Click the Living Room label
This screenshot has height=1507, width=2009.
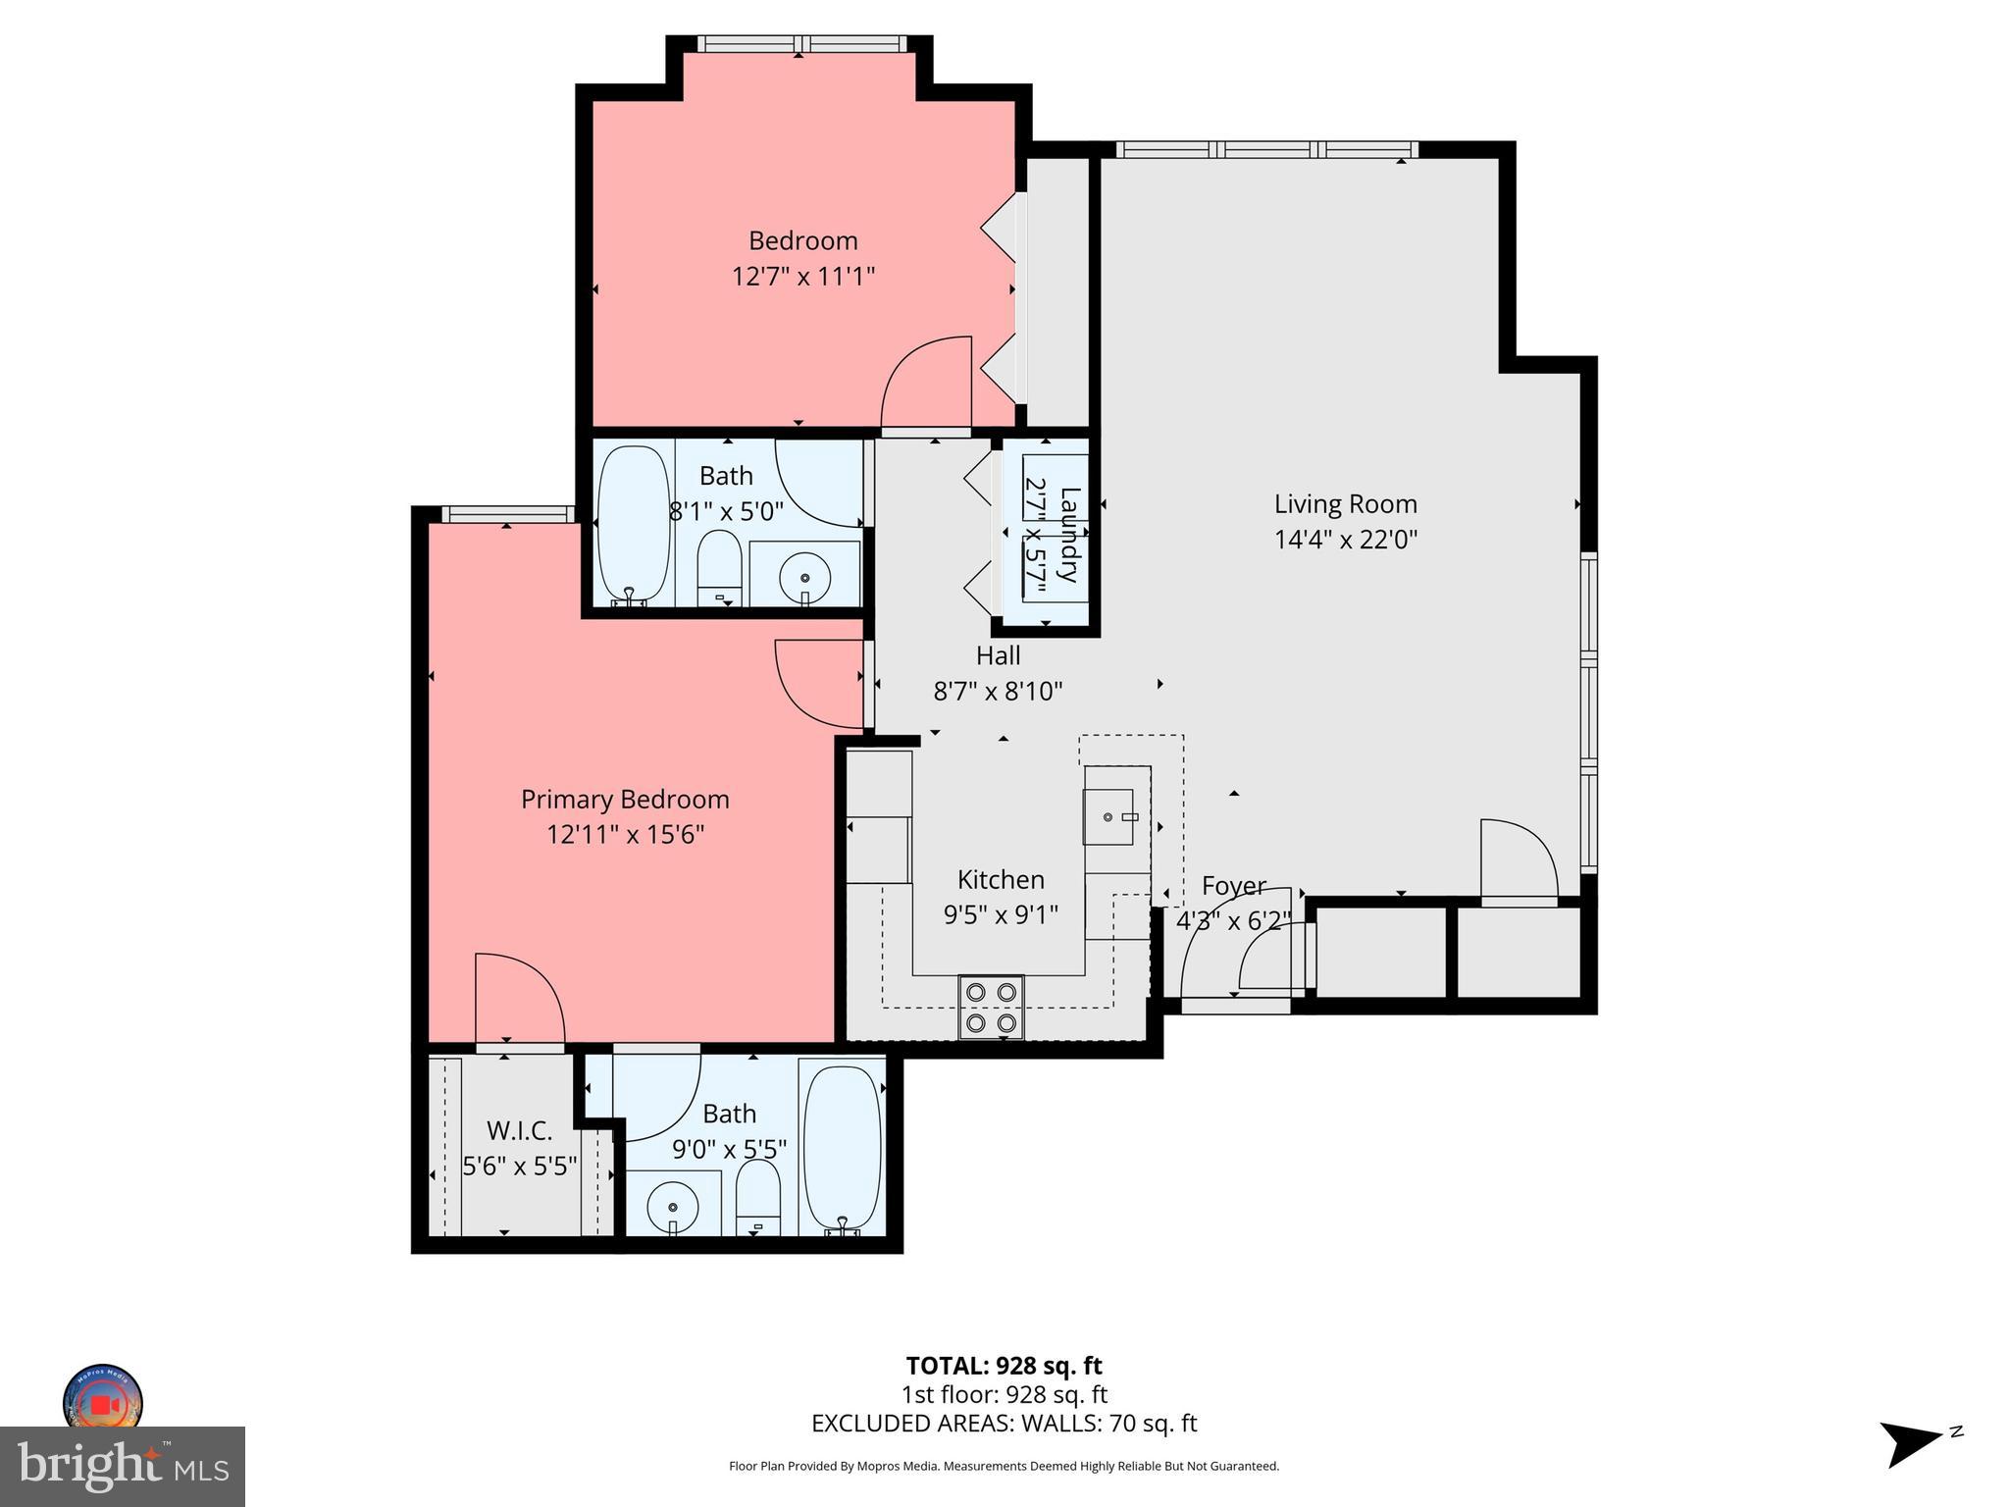(x=1345, y=504)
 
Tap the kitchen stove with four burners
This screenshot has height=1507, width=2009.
(x=991, y=1007)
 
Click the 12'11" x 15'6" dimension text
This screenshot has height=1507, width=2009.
(x=625, y=835)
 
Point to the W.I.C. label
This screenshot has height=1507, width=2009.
(x=519, y=1131)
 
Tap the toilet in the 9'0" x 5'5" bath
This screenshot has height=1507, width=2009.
(x=757, y=1199)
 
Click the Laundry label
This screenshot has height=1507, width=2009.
(x=1069, y=535)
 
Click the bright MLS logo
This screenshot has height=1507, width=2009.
(x=123, y=1466)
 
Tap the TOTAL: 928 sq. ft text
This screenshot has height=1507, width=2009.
(x=1004, y=1366)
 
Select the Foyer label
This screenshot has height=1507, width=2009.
(x=1234, y=886)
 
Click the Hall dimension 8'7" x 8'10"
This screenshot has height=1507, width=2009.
(x=998, y=693)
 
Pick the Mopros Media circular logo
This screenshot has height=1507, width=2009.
(x=103, y=1401)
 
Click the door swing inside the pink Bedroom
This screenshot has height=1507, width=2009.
(x=926, y=383)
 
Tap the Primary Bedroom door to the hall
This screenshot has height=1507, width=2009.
(x=819, y=684)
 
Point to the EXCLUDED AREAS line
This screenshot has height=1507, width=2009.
(x=1004, y=1424)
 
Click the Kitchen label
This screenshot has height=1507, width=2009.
(x=1001, y=880)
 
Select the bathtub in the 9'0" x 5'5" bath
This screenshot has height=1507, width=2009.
(x=842, y=1148)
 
